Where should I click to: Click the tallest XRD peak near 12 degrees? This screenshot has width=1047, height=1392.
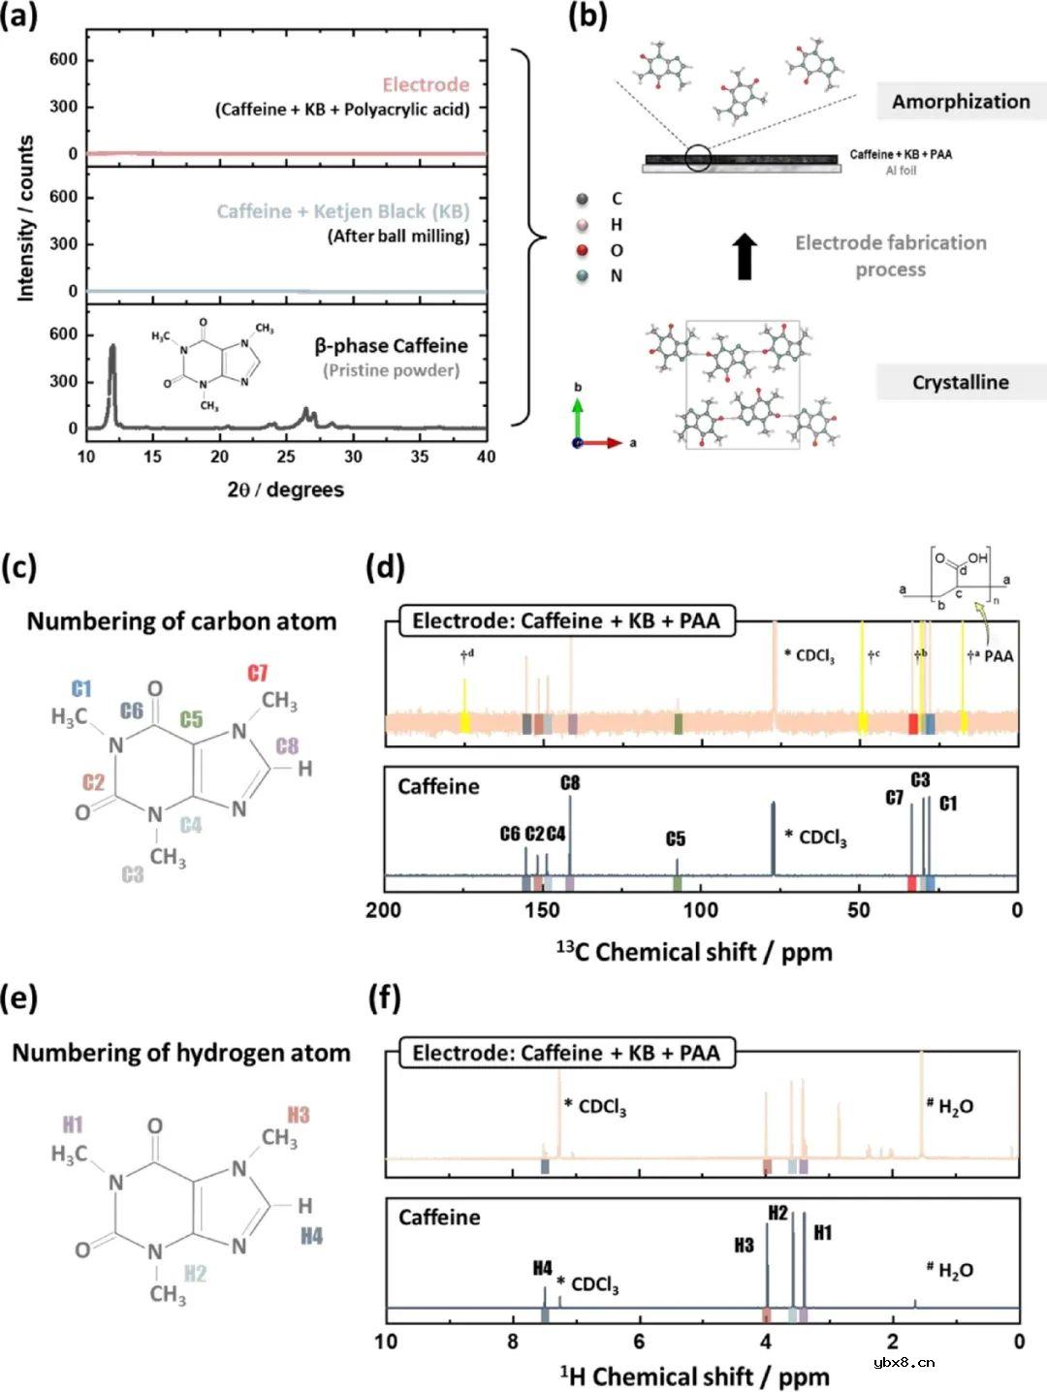tap(112, 347)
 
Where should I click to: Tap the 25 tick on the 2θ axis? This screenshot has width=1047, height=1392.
tap(286, 456)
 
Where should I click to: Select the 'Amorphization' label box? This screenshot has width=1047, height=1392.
tap(961, 102)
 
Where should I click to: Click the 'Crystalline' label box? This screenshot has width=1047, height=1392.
tap(961, 382)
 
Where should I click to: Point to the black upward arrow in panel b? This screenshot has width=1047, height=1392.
tap(746, 257)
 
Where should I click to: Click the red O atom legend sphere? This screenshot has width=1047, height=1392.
tap(581, 250)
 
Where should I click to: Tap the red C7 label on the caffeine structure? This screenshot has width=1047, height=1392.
tap(258, 672)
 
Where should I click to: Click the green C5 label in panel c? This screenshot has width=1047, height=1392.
tap(191, 718)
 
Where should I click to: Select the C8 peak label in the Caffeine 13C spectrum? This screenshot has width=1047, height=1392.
tap(570, 784)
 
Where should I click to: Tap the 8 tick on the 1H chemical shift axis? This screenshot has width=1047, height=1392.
tap(513, 1342)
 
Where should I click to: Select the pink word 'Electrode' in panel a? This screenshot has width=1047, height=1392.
tap(427, 84)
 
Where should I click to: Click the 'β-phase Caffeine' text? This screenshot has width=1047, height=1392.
tap(392, 346)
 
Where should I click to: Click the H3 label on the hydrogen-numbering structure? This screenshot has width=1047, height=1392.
tap(299, 1115)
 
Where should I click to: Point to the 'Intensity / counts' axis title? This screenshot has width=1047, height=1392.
tap(25, 218)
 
